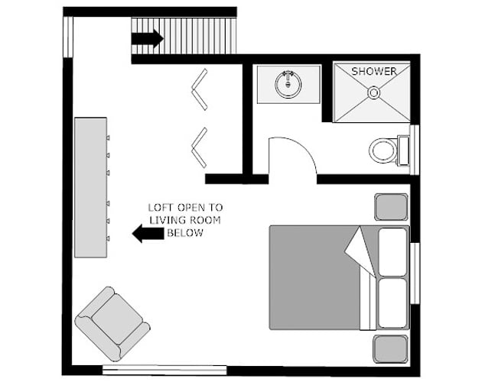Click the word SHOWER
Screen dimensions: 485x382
373,71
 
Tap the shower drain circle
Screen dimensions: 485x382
373,92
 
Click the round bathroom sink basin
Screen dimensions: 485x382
288,84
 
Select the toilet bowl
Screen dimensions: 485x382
382,151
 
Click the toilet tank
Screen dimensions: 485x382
404,151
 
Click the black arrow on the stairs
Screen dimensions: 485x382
148,38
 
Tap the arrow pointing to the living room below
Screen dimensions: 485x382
148,234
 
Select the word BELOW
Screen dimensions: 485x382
185,233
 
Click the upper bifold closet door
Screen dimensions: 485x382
200,89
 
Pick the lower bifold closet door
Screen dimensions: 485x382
200,147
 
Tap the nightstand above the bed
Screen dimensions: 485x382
391,207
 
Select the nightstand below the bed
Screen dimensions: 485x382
391,349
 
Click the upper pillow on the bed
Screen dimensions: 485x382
393,252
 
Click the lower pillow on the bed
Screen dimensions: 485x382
393,303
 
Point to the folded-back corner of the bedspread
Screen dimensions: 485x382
360,251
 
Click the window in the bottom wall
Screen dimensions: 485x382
164,370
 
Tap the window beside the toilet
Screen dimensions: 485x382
415,150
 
